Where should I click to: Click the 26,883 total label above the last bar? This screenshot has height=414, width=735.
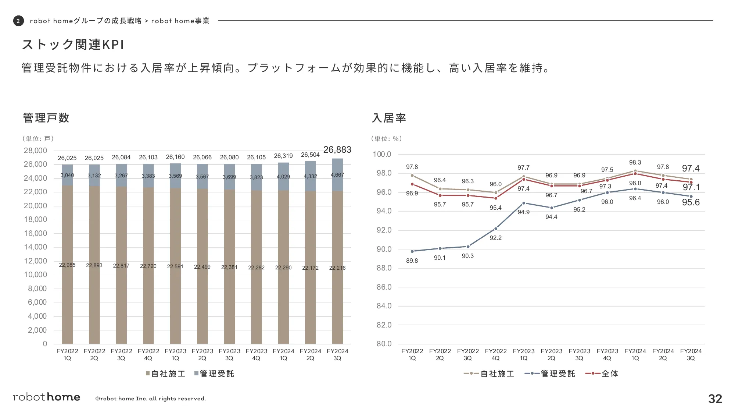coord(337,150)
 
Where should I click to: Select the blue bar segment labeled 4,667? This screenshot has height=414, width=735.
coord(337,175)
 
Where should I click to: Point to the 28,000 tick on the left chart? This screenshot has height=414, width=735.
coord(35,151)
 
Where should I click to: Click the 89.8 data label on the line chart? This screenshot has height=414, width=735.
coord(412,261)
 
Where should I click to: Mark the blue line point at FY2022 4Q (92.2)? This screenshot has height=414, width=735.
coord(496,229)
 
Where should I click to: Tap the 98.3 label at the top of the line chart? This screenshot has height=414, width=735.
coord(635,163)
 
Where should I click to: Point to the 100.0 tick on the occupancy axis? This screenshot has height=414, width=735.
coord(382,154)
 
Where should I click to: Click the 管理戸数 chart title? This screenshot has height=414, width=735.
coord(46,118)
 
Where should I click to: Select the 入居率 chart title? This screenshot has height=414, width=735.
coord(389,118)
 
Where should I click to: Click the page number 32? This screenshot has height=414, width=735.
coord(715,399)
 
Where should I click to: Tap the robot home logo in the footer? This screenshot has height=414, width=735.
coord(47,397)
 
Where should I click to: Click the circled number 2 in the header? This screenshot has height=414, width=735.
coord(18,21)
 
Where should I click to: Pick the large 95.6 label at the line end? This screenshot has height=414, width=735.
coord(691,202)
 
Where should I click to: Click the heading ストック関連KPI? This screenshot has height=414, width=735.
coord(73,45)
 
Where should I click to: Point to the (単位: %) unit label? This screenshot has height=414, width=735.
coord(386,139)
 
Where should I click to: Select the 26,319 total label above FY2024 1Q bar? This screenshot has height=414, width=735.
coord(283,156)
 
